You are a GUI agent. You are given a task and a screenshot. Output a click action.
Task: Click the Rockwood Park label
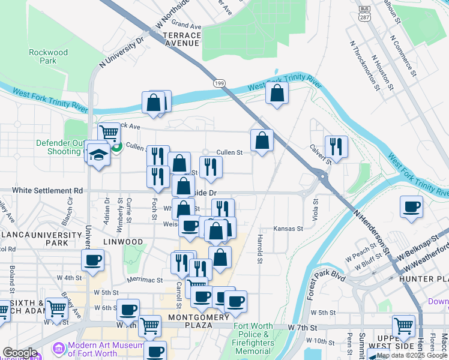48,56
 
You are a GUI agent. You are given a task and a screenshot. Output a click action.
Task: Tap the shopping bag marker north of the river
276,94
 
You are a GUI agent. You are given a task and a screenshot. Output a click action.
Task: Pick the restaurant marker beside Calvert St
336,147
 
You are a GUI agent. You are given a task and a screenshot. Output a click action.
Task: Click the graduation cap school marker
97,154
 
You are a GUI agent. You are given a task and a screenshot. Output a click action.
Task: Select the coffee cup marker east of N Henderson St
412,207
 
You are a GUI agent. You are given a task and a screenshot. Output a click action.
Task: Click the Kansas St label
288,229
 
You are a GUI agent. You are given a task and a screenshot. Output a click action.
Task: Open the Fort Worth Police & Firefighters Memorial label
261,338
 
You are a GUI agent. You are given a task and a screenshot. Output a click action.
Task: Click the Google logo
20,353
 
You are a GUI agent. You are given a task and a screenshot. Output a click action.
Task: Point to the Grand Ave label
186,26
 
